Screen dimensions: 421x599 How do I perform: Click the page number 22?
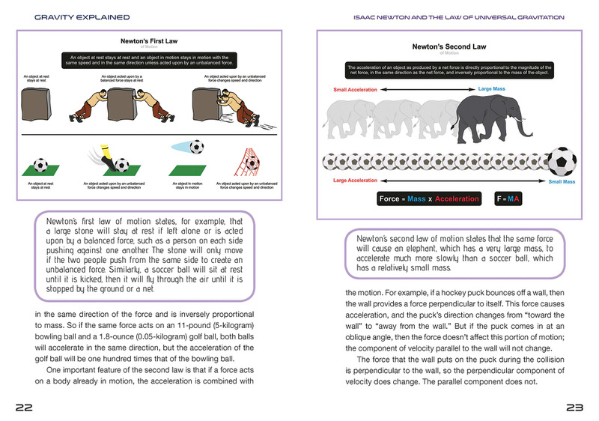24,407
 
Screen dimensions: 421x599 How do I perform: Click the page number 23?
574,407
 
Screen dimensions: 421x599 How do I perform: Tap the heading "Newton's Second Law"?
450,46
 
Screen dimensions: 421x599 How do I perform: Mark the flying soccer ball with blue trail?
197,145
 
